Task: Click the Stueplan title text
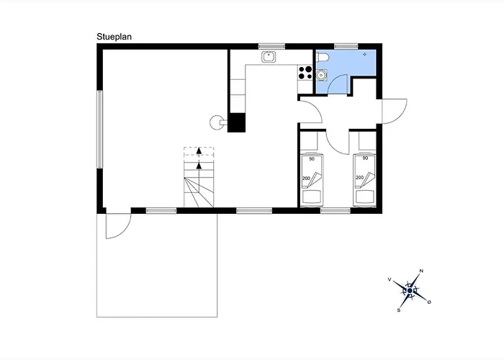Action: pyautogui.click(x=114, y=37)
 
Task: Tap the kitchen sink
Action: pyautogui.click(x=269, y=57)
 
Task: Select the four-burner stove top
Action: pyautogui.click(x=305, y=72)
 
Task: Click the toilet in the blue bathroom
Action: pyautogui.click(x=323, y=58)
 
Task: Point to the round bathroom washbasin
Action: pyautogui.click(x=321, y=75)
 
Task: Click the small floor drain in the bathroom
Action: pyautogui.click(x=365, y=54)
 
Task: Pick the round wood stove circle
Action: pyautogui.click(x=216, y=122)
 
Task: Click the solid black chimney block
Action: pyautogui.click(x=237, y=123)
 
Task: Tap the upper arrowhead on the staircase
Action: pyautogui.click(x=199, y=150)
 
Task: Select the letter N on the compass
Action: pyautogui.click(x=422, y=271)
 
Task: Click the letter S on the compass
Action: pyautogui.click(x=399, y=310)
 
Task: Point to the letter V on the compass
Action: pyautogui.click(x=390, y=279)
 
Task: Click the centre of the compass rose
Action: pyautogui.click(x=410, y=291)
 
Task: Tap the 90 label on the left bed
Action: pyautogui.click(x=312, y=159)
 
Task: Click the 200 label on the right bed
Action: pyautogui.click(x=360, y=177)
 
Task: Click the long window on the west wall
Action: pyautogui.click(x=100, y=129)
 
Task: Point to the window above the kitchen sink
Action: pyautogui.click(x=272, y=46)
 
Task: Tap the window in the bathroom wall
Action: pyautogui.click(x=346, y=46)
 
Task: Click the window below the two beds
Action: pyautogui.click(x=336, y=211)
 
